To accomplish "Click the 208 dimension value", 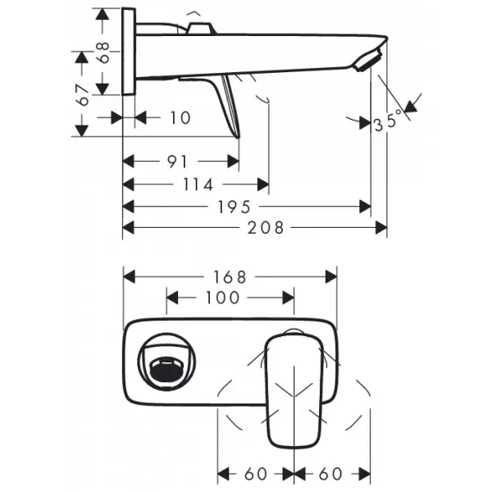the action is pos(265,228).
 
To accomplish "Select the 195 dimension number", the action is pos(234,207).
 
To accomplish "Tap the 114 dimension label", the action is pos(198,184).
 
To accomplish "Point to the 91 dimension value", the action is pos(177,162).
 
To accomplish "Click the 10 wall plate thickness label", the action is pos(180,118).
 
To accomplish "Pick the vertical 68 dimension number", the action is pos(102,52).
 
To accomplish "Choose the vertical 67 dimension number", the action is pos(83,94).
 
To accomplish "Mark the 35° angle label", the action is pos(388,121).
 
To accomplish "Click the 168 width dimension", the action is pos(230,277).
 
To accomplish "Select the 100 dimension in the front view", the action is pos(222,298).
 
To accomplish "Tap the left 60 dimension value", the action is pos(256,474).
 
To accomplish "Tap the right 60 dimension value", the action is pos(330,474).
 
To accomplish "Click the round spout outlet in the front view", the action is pos(167,362).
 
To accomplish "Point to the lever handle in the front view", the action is pos(294,390).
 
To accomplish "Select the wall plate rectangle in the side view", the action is pos(129,51).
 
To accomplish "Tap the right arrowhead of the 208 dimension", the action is pos(381,227).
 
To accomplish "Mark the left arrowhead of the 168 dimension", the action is pos(130,277).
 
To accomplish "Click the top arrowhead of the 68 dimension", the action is pos(102,14).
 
